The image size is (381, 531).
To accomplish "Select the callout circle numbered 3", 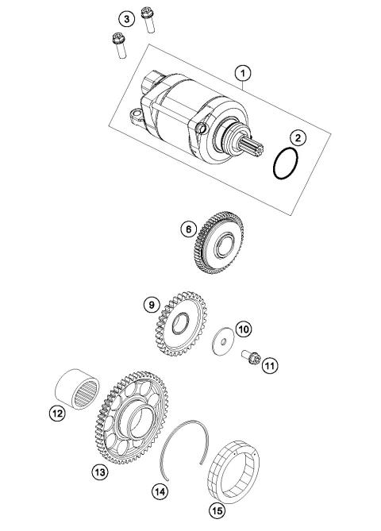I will click(x=125, y=19).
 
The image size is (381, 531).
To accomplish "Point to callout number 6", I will click(x=188, y=229).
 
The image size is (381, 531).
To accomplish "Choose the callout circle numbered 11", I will click(x=270, y=365).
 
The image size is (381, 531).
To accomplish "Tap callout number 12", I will click(x=56, y=412).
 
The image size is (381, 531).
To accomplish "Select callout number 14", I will click(x=161, y=492).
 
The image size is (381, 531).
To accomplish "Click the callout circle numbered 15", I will click(x=215, y=508).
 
